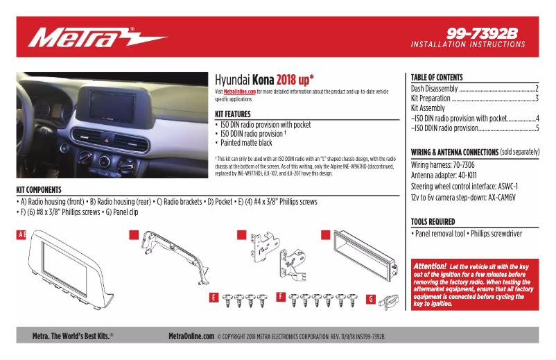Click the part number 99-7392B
point(483,33)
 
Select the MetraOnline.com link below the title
point(239,92)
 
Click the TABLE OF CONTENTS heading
point(437,78)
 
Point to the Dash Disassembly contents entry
point(435,89)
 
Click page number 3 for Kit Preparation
point(537,98)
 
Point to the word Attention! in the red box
point(430,266)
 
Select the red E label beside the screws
point(214,298)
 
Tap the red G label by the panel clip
point(370,300)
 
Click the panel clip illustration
point(390,300)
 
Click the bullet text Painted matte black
point(246,143)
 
